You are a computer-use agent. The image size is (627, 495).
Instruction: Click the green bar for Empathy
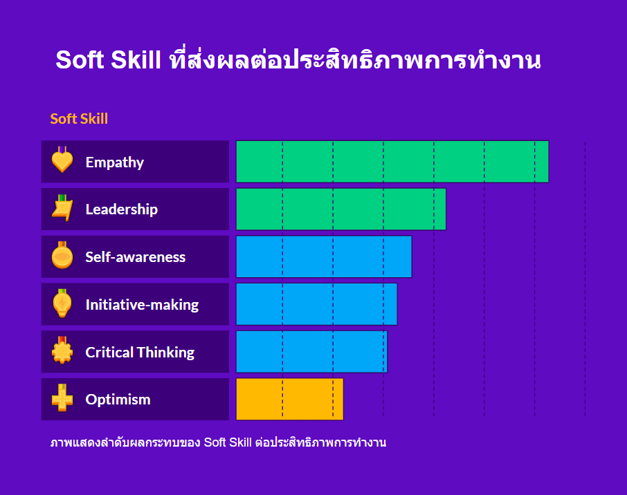tap(392, 162)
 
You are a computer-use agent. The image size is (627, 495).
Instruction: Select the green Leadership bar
tap(341, 209)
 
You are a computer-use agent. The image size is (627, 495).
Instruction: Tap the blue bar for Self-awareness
tap(324, 256)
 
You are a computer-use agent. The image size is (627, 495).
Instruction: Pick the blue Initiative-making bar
tap(317, 304)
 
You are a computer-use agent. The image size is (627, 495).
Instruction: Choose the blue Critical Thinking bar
tap(312, 352)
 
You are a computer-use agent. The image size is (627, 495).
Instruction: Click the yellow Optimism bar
tap(290, 399)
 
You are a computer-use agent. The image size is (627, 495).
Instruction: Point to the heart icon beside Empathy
tap(62, 160)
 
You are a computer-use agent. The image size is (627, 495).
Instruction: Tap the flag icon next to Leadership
tap(62, 208)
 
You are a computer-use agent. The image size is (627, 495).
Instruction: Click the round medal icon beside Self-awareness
tap(62, 255)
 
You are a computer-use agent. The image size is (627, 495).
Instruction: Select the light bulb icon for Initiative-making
tap(62, 303)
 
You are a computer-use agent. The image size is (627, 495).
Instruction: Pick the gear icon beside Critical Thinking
tap(62, 351)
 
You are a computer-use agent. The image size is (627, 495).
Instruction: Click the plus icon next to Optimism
tap(62, 398)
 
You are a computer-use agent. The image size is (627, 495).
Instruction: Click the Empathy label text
tap(115, 162)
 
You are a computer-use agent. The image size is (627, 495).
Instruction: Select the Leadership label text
tap(122, 209)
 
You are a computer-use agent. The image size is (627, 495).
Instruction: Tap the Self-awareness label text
tap(136, 257)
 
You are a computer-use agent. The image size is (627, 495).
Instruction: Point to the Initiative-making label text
tap(142, 305)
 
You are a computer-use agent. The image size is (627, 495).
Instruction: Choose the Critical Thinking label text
tap(140, 353)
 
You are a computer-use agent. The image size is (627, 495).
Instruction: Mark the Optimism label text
tap(118, 400)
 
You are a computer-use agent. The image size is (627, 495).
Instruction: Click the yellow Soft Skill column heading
tap(79, 119)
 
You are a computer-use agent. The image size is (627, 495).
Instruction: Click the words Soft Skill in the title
tap(109, 59)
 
